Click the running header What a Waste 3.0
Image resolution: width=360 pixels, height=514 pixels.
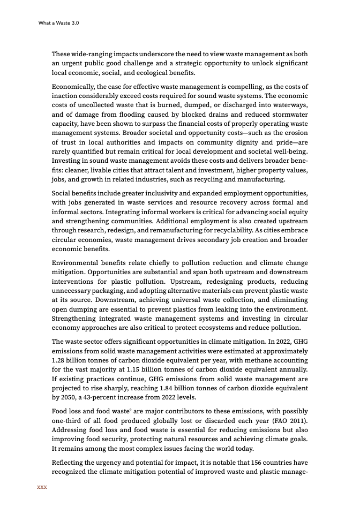(59, 23)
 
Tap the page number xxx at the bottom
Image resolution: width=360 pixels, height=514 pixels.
(42, 487)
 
